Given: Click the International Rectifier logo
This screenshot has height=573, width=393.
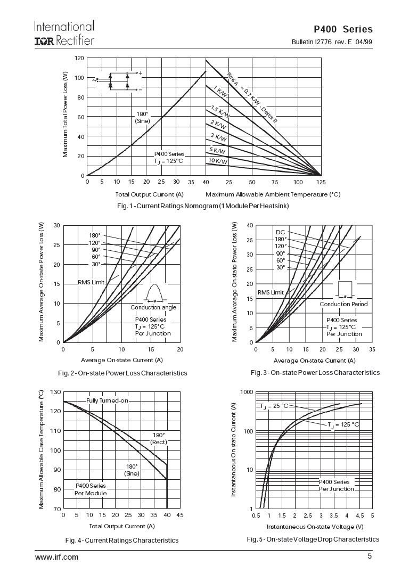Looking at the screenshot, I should pos(64,33).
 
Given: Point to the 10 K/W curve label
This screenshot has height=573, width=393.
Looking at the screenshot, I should pos(218,161).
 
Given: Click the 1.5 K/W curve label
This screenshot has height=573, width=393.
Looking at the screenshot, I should pos(220,112).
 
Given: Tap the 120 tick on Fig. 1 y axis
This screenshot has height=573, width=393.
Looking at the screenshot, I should pos(79,58).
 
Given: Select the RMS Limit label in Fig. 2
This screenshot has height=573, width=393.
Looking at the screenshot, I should pos(91,282).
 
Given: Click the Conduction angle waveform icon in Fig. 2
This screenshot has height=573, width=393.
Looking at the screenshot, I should pos(154,294).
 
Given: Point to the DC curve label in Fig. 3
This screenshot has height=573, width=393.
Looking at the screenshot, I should pos(280,232).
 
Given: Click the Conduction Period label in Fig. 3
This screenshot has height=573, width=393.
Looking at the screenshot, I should pos(343,304).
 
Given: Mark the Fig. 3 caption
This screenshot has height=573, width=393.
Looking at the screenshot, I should pos(315,372).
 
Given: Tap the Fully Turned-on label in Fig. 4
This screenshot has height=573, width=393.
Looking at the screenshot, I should pos(107,400).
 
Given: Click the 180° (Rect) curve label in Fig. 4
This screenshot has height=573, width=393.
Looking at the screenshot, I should pos(159,438).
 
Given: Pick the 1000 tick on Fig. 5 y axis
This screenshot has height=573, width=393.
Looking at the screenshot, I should pos(245,392).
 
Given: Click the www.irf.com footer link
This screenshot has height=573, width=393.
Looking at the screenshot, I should pos(56,557).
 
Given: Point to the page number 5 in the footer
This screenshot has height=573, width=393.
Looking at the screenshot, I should pos(370,557).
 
